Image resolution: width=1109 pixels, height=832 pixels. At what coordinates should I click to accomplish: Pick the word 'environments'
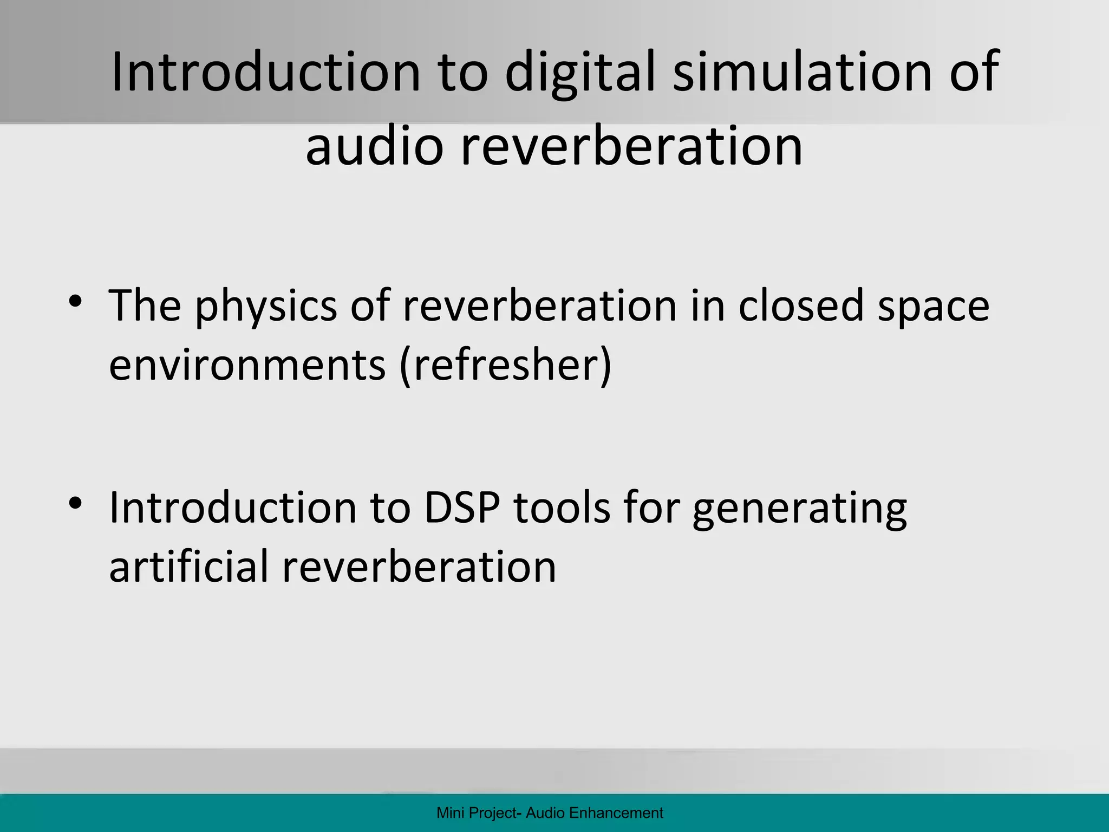(247, 365)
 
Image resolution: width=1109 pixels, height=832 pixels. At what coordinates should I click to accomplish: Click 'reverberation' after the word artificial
(419, 567)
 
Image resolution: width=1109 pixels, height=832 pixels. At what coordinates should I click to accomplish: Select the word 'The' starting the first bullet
(145, 305)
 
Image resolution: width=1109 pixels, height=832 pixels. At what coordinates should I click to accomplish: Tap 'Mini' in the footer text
(448, 813)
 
